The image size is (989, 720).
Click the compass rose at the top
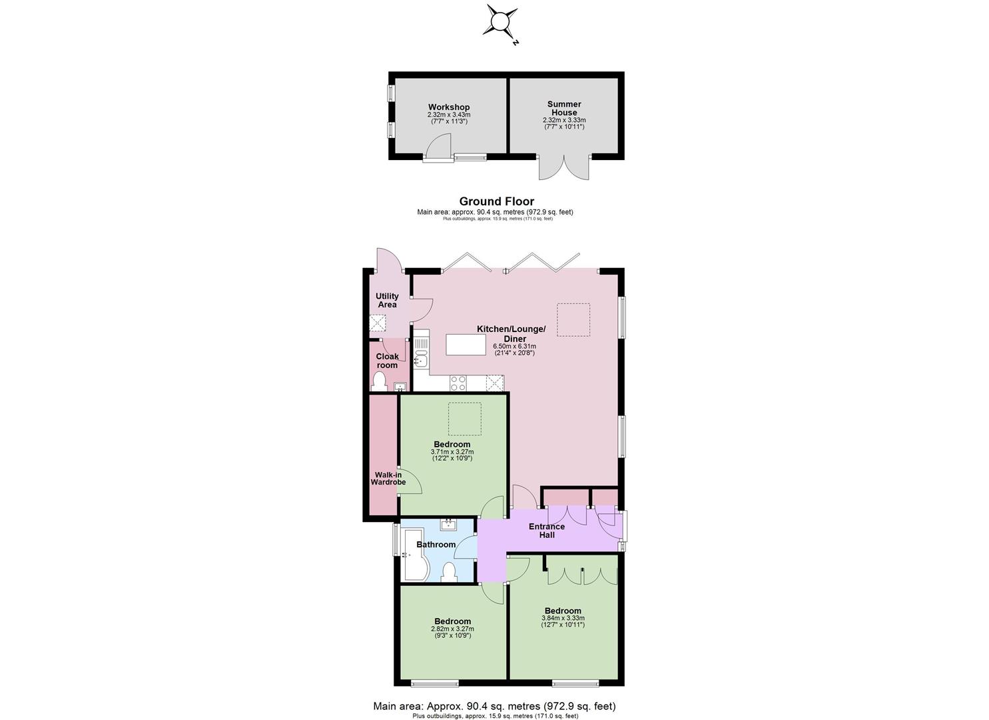click(x=501, y=21)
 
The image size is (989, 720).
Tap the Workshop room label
click(x=449, y=107)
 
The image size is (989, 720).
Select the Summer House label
click(x=564, y=108)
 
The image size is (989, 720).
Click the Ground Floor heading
click(x=497, y=201)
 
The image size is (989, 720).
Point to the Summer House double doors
click(x=564, y=168)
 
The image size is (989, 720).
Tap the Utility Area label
click(x=387, y=300)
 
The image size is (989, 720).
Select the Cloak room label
click(x=387, y=361)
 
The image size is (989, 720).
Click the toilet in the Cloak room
click(x=379, y=382)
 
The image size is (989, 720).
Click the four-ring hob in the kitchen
click(x=458, y=383)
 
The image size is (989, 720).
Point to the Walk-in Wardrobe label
click(x=388, y=478)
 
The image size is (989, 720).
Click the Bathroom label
click(x=436, y=545)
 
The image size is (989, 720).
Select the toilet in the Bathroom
click(x=450, y=573)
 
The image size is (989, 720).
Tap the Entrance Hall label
click(x=547, y=531)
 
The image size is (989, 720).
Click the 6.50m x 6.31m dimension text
click(x=514, y=346)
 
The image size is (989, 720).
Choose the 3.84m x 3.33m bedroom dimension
click(x=563, y=618)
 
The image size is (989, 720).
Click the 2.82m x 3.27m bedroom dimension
click(x=453, y=629)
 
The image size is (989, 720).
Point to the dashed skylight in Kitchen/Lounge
click(x=573, y=319)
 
